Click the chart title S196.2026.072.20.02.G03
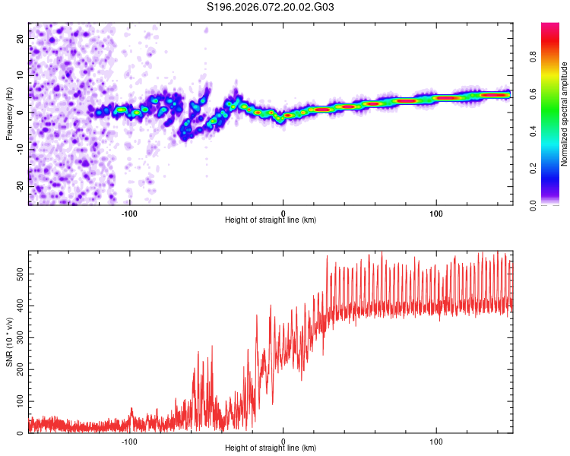tap(271, 7)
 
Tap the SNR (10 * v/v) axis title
tap(9, 342)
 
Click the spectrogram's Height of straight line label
tap(271, 220)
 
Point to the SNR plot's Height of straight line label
tap(271, 448)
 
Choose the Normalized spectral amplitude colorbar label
tap(565, 114)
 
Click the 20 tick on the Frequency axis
tap(21, 37)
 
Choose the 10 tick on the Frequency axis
tap(21, 74)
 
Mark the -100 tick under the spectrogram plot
tap(129, 212)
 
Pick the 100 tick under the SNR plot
tap(436, 440)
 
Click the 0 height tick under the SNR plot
tap(283, 440)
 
